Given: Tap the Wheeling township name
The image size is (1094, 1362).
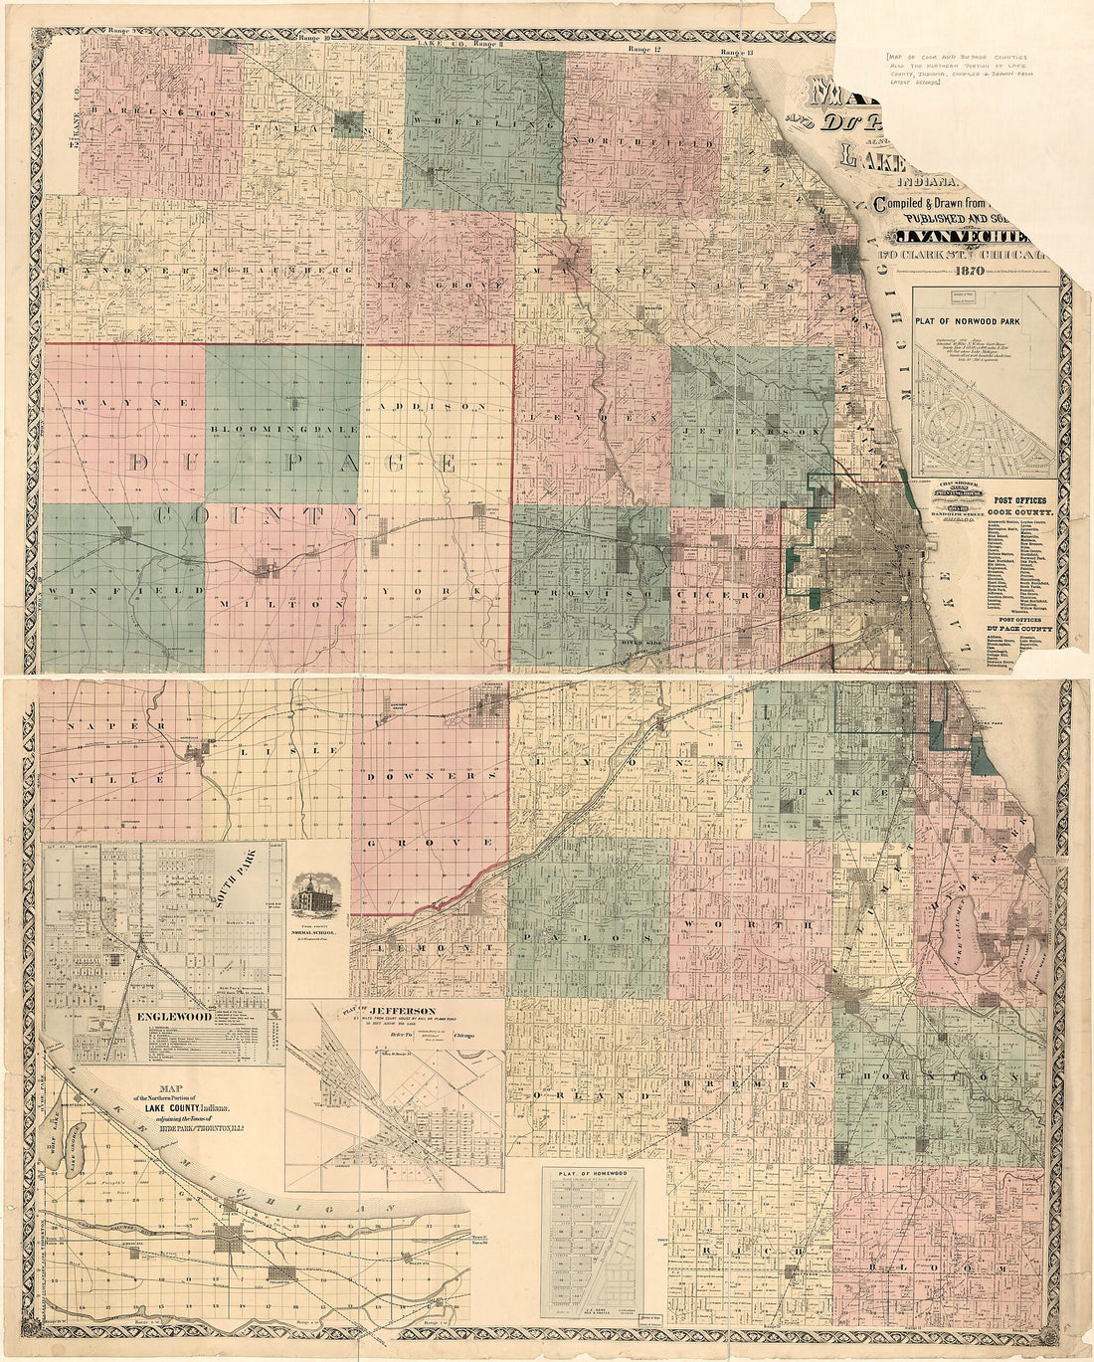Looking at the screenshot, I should click(484, 123).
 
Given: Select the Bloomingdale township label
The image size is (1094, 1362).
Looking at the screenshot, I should click(282, 428).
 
